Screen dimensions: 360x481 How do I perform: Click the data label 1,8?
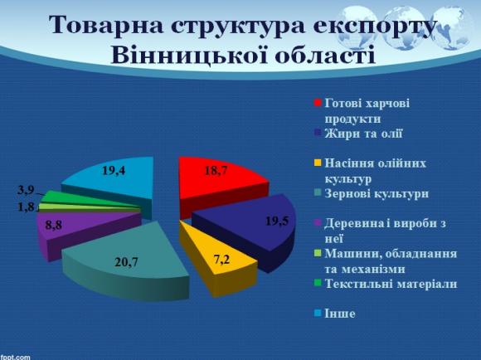26,207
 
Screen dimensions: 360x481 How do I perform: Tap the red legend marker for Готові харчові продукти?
317,104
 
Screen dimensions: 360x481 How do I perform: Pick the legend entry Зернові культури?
370,194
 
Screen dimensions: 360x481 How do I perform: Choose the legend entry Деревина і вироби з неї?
378,229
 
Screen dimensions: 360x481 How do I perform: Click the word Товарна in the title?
109,25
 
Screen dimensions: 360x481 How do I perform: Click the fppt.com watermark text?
16,356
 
